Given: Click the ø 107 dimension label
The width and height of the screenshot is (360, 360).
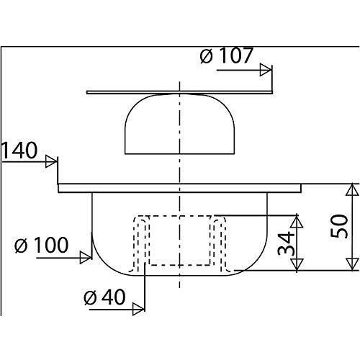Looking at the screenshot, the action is [x=226, y=56].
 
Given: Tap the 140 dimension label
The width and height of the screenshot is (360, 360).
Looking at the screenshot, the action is [x=19, y=150].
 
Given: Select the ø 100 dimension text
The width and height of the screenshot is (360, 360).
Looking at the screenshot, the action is [x=42, y=245].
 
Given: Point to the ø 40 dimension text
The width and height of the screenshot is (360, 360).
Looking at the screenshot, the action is [x=104, y=297].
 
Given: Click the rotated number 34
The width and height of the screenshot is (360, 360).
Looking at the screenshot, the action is [x=286, y=243].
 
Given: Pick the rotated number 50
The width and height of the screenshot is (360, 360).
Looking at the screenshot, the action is [x=339, y=226].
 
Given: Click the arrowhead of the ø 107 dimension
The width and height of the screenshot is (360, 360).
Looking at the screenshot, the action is [x=266, y=70].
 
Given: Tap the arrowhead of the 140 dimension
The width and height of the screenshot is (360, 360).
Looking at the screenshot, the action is [x=51, y=161].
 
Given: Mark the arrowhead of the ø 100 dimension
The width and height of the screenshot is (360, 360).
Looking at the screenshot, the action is [x=86, y=258].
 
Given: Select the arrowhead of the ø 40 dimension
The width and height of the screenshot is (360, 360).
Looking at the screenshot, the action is [x=139, y=310].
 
